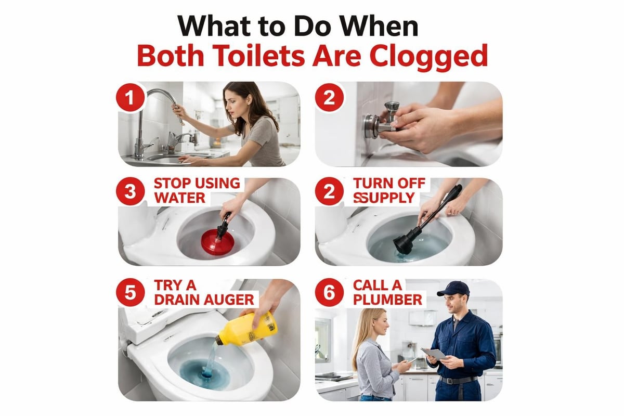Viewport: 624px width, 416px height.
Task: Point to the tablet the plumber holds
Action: click(433, 354)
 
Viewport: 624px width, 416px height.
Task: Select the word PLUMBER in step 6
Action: click(387, 300)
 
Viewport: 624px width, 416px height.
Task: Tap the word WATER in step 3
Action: click(179, 198)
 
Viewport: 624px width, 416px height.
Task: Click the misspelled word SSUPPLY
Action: click(384, 198)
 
